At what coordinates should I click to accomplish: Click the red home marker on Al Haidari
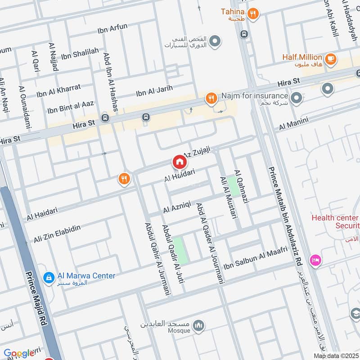tap(179, 162)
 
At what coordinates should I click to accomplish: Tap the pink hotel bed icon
tap(315, 261)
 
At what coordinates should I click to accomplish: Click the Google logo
tap(19, 353)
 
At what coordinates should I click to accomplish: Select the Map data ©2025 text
tap(335, 355)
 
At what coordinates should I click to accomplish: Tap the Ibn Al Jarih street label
tap(154, 92)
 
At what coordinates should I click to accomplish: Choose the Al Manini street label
tap(293, 124)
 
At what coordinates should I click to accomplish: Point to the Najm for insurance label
tap(254, 96)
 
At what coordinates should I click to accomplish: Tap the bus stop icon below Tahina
tap(244, 34)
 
